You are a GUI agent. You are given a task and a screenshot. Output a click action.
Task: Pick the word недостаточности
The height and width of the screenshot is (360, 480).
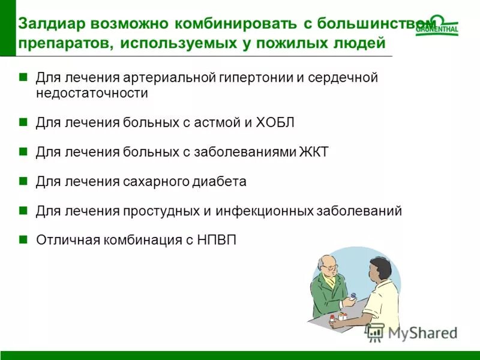coord(92,94)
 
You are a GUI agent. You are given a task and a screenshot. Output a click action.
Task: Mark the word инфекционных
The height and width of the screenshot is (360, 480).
coord(274,211)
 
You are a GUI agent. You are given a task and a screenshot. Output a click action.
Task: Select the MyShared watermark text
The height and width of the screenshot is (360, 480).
coord(423,332)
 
